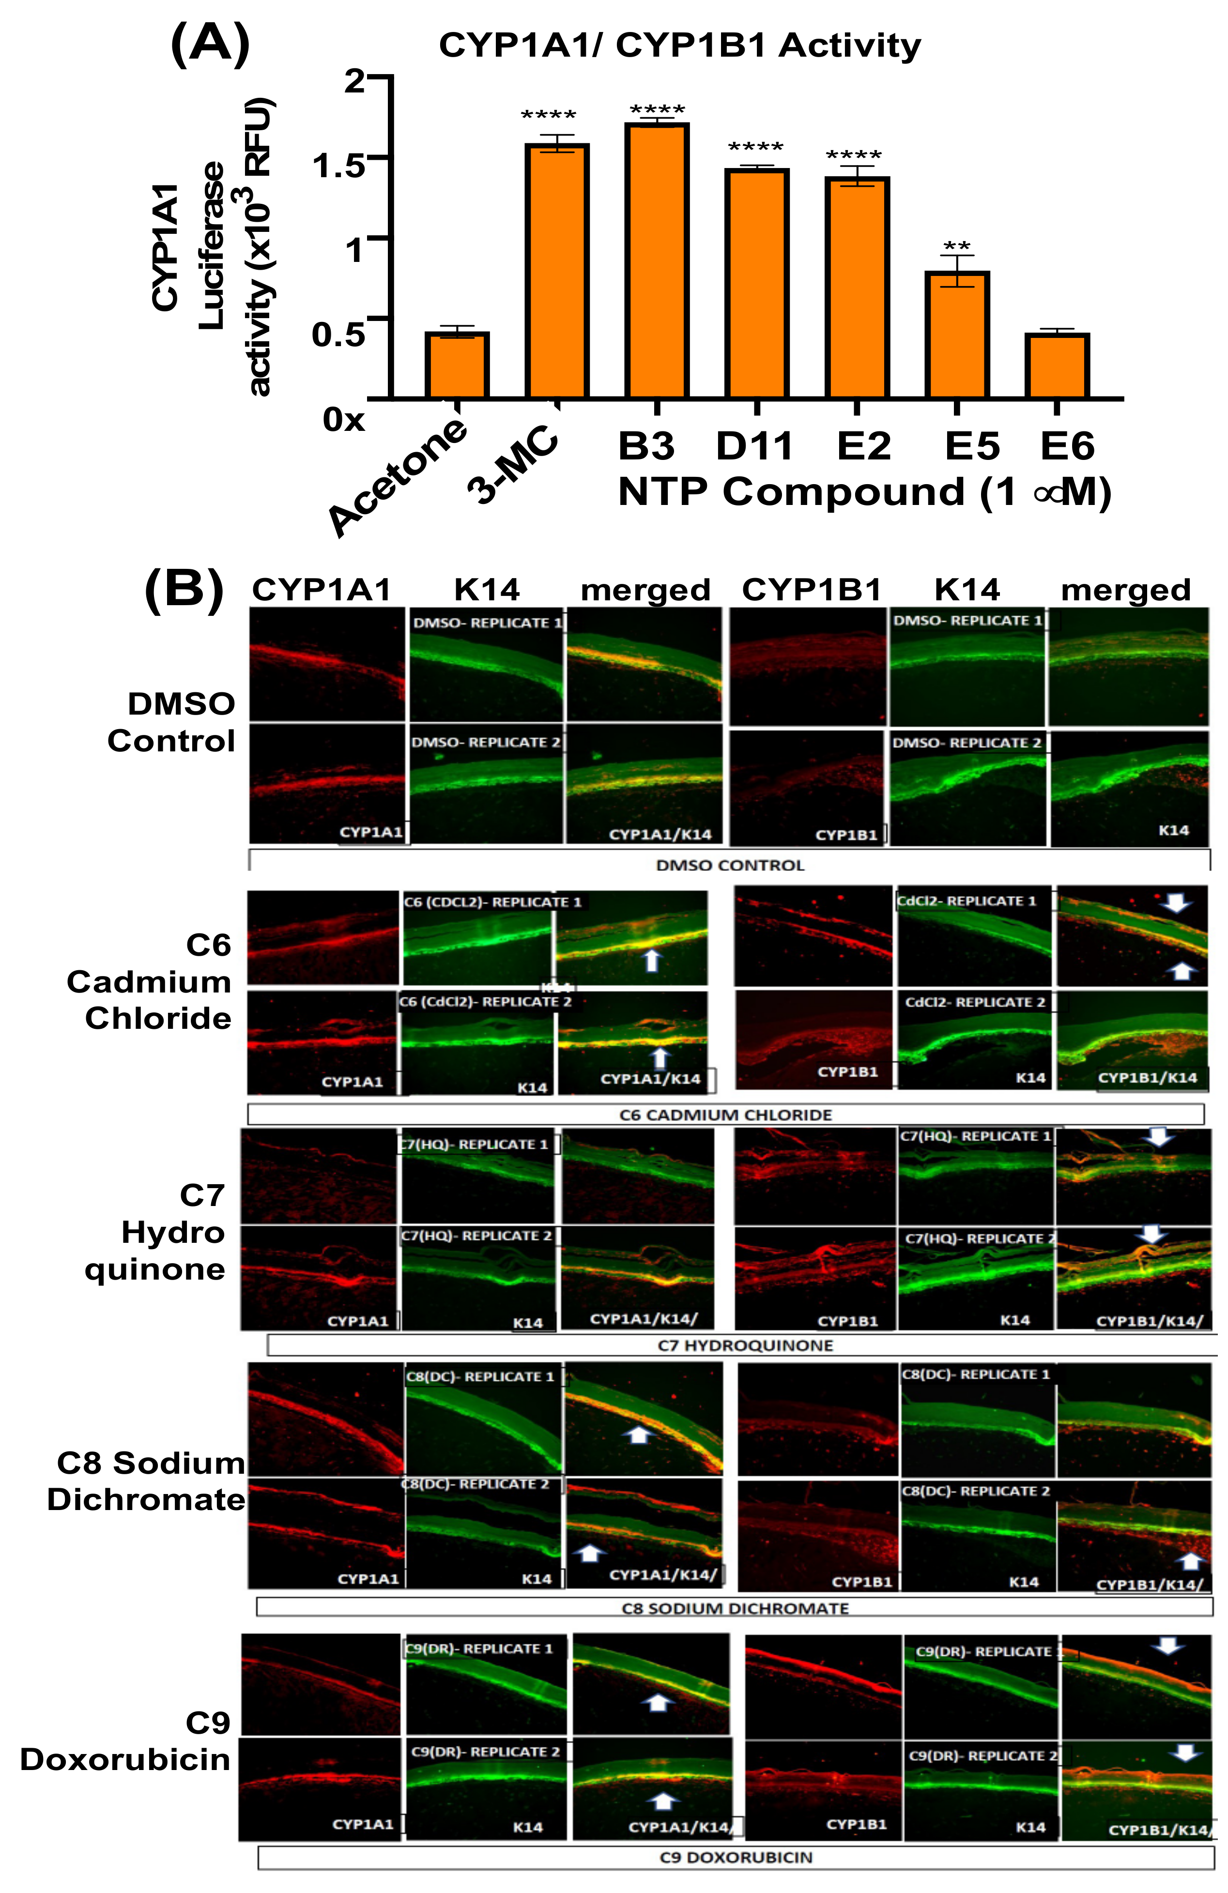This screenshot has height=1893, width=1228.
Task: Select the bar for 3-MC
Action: pos(557,271)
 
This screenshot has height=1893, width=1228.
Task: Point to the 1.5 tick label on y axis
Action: pos(338,166)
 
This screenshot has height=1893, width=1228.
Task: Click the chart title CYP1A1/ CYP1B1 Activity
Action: pos(680,46)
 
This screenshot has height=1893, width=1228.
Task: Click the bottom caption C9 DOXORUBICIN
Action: pos(736,1857)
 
